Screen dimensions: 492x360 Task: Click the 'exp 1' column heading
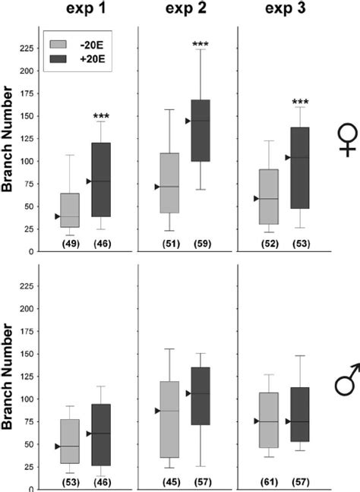coord(86,11)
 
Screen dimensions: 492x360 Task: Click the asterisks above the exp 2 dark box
coord(201,46)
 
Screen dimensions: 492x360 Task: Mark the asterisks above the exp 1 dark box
coord(101,117)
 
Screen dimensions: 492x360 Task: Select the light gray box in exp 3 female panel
coord(269,197)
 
